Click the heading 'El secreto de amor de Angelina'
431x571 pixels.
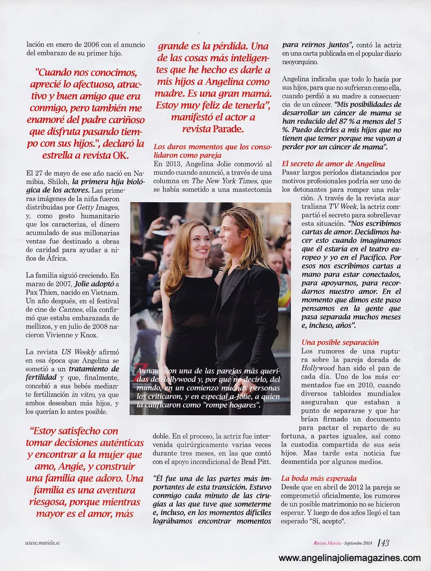tap(333, 164)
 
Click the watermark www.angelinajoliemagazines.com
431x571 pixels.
tap(350, 558)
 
